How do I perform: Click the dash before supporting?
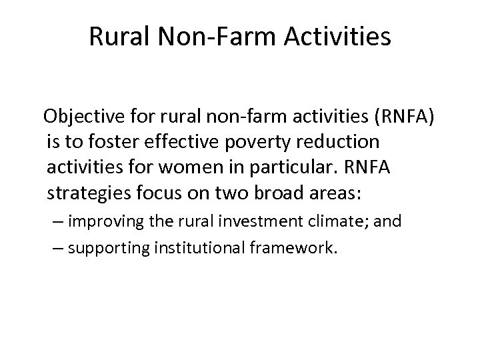59,248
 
